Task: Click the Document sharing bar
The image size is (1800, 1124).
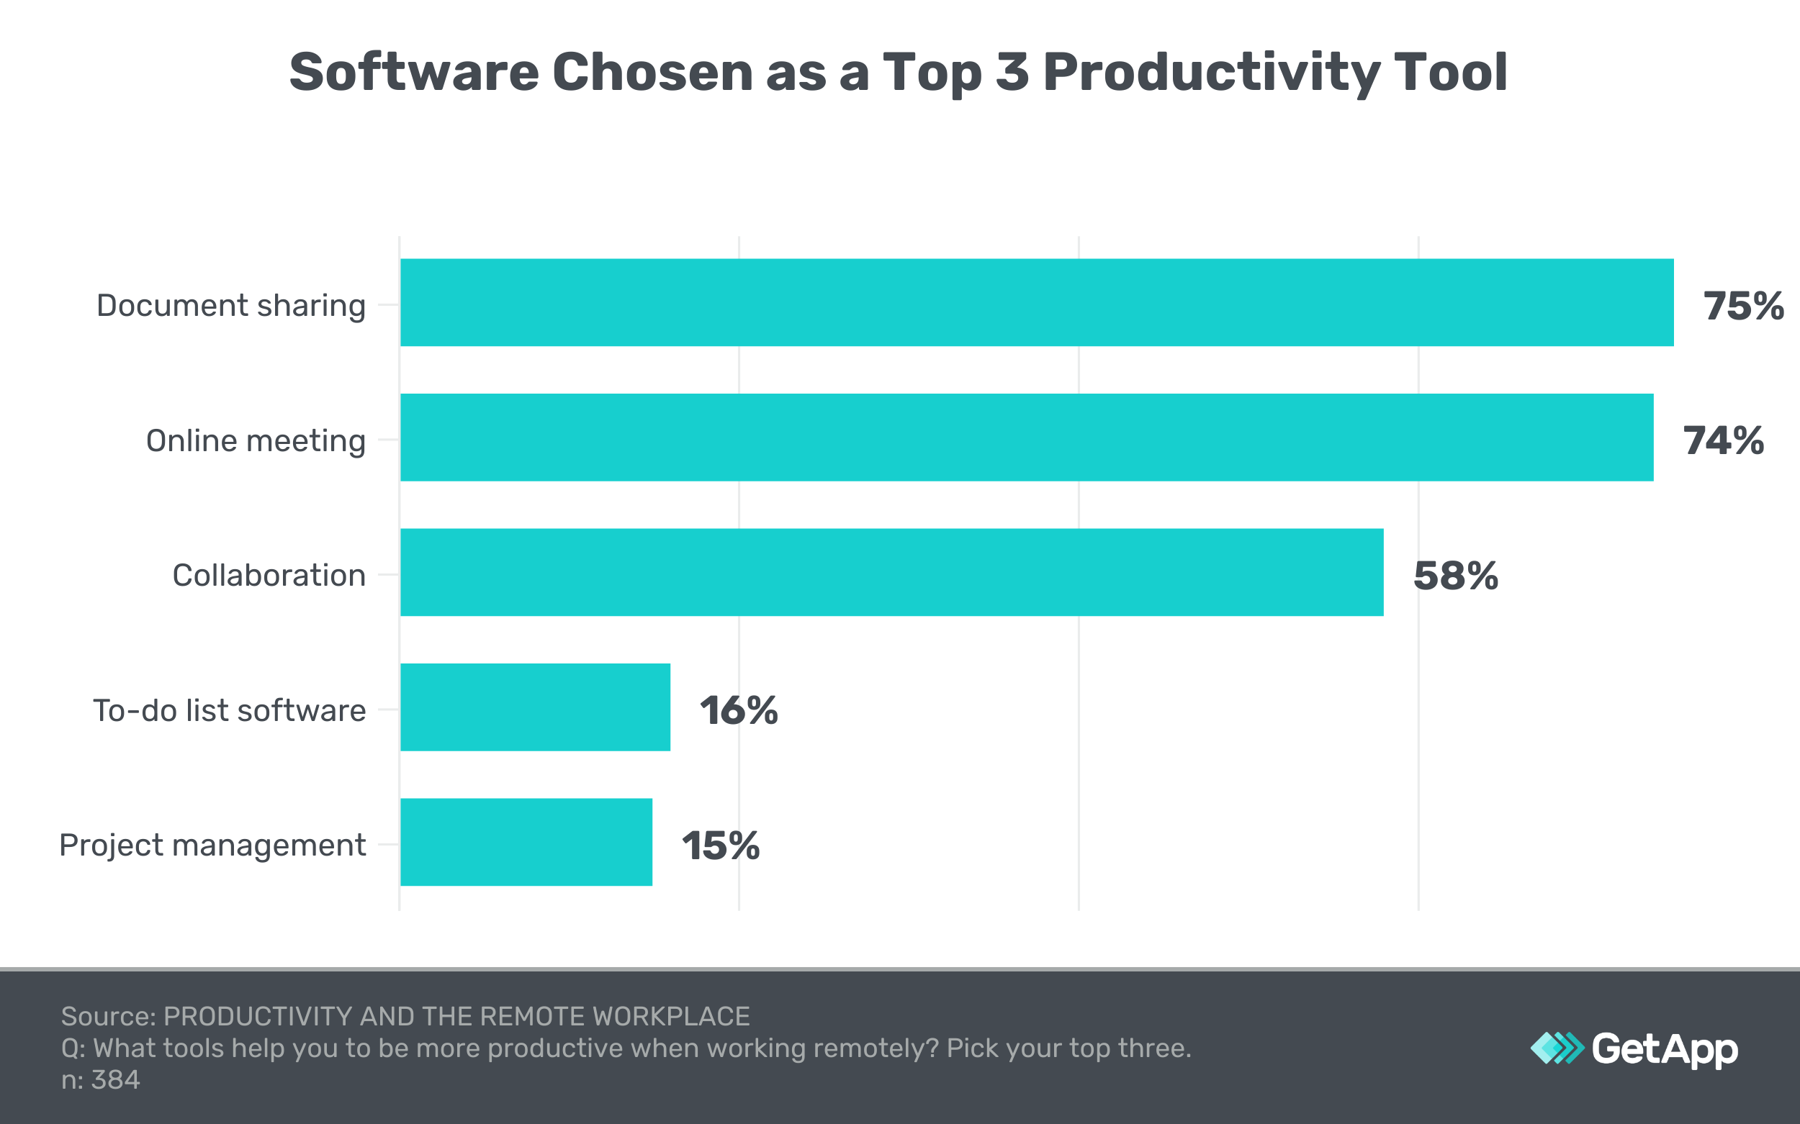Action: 1037,302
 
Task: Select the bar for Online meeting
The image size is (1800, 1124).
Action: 1027,437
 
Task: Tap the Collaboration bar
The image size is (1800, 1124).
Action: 892,572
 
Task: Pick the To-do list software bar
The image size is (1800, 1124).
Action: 535,707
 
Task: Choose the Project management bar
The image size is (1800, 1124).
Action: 526,842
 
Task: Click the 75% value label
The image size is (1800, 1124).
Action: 1742,306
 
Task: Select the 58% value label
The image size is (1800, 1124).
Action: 1455,576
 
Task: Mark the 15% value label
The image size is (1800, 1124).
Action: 720,846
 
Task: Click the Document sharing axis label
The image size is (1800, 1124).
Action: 230,306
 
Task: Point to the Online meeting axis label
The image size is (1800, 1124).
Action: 256,441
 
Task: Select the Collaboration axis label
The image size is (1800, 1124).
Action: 269,576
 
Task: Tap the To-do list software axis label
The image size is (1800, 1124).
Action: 229,711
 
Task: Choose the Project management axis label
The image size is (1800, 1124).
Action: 212,846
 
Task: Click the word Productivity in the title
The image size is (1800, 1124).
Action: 1211,73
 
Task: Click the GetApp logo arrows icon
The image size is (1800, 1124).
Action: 1557,1048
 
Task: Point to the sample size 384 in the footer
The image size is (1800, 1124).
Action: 115,1079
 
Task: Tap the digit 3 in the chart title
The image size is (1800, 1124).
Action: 1012,73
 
